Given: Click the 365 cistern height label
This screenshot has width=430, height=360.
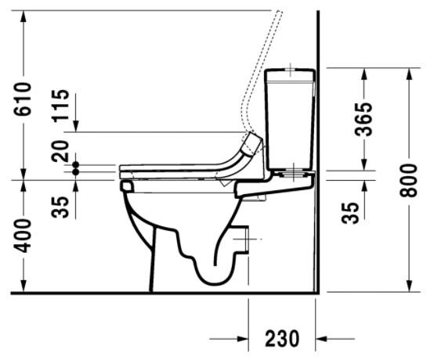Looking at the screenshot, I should tap(363, 118).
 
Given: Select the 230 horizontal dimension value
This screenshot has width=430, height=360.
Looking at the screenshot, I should tap(283, 338).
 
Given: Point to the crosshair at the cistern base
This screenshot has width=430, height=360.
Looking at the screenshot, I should tap(291, 168).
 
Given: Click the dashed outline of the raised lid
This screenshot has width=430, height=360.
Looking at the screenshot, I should tap(263, 70).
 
